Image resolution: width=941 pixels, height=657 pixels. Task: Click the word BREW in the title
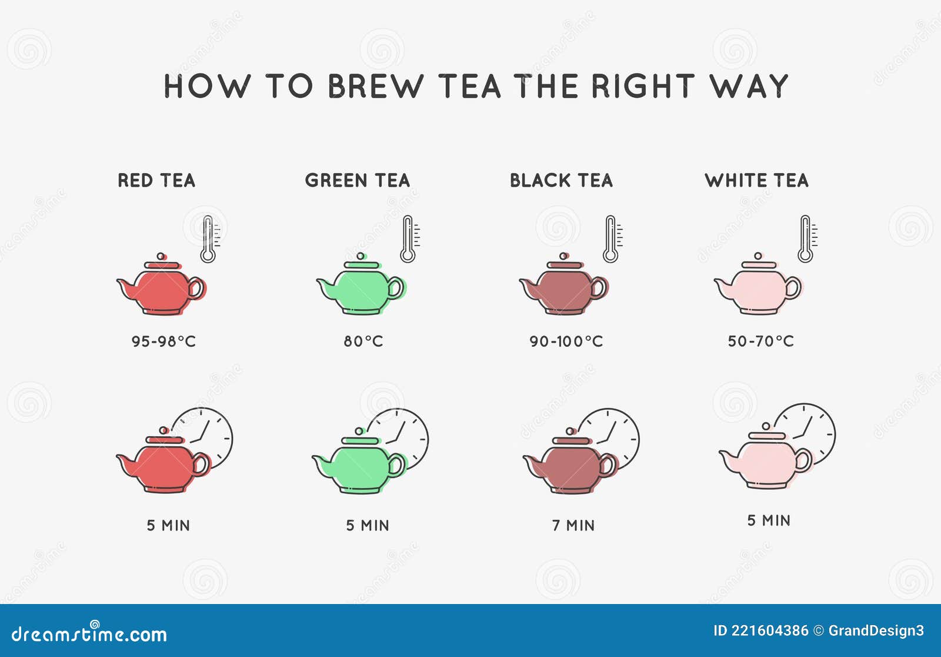tap(375, 87)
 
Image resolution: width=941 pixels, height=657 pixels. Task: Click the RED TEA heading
tap(156, 180)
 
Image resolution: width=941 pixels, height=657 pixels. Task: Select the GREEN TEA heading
tap(357, 180)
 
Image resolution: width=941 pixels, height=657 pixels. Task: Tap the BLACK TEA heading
tap(561, 180)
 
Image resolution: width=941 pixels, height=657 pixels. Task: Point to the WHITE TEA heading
tap(756, 180)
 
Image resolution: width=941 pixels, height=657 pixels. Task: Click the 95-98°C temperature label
tap(163, 341)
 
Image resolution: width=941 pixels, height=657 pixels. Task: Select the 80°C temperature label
tap(363, 341)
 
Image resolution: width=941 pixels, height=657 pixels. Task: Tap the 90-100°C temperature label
tap(566, 341)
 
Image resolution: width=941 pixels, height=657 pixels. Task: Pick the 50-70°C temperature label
tap(760, 341)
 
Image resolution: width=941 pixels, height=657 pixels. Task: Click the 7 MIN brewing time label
tap(573, 526)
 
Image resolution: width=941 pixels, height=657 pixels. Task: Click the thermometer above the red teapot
tap(208, 239)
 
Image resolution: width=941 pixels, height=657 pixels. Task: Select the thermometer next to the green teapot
tap(408, 239)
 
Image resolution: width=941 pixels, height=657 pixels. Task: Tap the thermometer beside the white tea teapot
tap(805, 239)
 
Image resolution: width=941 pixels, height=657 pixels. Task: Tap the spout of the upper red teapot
tap(125, 287)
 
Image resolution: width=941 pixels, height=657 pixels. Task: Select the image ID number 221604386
tap(769, 631)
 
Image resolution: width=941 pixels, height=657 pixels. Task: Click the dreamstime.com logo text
tap(89, 634)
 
